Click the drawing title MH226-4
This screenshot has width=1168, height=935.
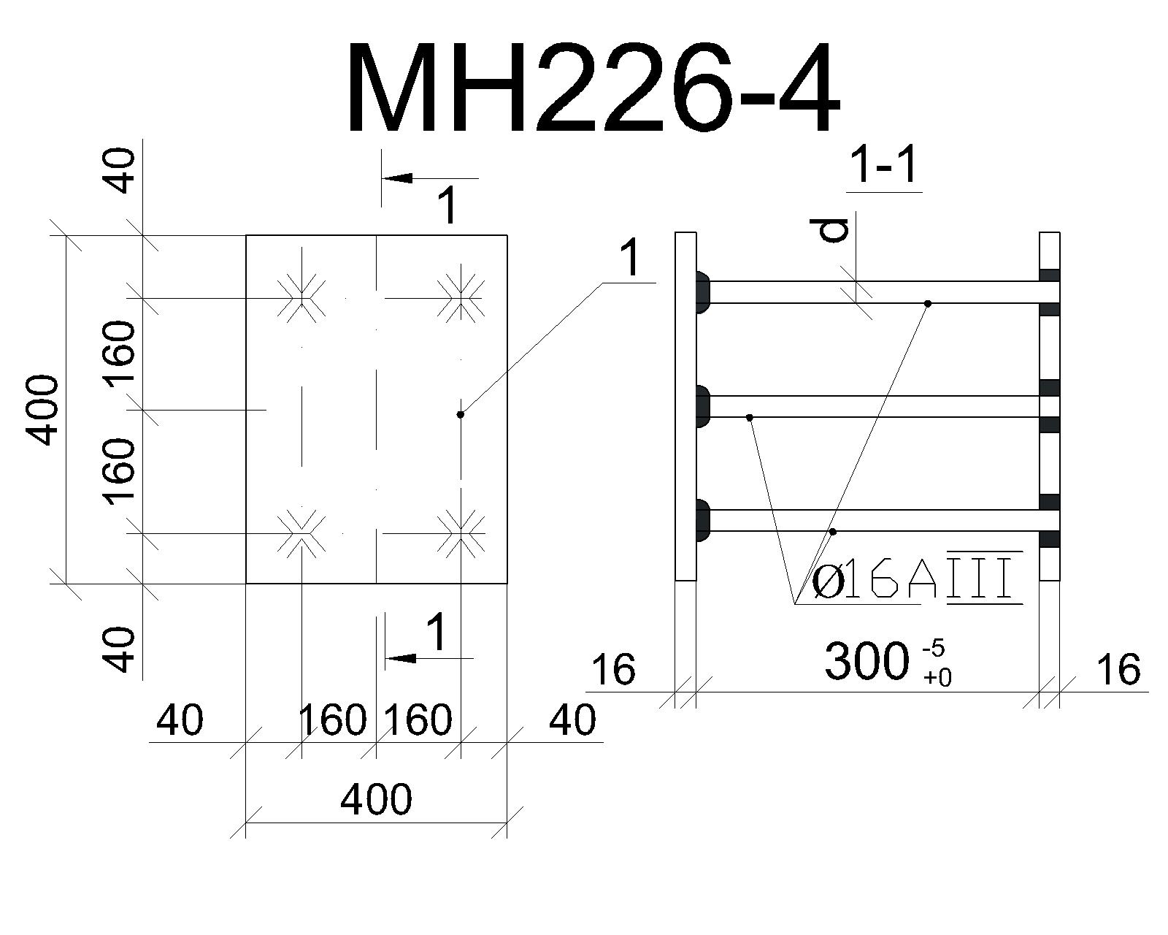(x=593, y=87)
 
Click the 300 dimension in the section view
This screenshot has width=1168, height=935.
(x=867, y=661)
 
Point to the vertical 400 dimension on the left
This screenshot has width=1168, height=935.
(x=42, y=411)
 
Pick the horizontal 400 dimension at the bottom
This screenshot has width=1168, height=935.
(x=376, y=799)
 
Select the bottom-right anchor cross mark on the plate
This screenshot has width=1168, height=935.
(x=461, y=533)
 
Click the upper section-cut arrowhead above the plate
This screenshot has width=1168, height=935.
(x=396, y=178)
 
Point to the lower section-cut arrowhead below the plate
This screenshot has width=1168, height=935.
(x=401, y=658)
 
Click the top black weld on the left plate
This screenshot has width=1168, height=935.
(x=702, y=292)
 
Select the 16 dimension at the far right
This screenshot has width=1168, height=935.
(x=1118, y=669)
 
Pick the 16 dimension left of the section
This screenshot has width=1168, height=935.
(x=613, y=669)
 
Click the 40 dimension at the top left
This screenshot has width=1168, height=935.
(x=120, y=171)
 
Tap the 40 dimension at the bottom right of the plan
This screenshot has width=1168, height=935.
(x=572, y=720)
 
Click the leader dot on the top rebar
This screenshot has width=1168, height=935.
(x=928, y=304)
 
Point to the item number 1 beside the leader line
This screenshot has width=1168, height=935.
(x=629, y=259)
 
